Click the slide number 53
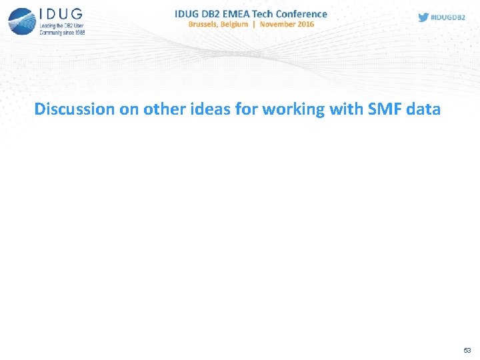(467, 350)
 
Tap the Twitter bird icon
(423, 17)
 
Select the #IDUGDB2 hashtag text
(448, 17)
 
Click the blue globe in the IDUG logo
(22, 20)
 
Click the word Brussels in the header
(209, 24)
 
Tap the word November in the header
(279, 24)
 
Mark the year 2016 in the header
(306, 24)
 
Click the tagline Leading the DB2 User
(61, 26)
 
